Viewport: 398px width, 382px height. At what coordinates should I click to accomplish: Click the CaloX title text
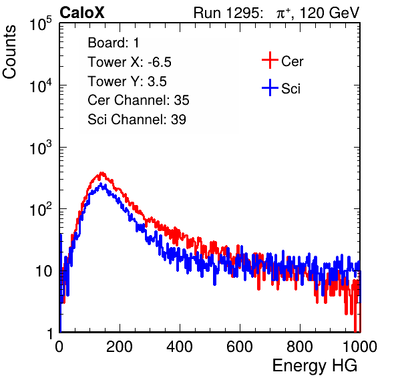[x=81, y=13]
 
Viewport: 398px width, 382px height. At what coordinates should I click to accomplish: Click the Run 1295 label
[x=228, y=13]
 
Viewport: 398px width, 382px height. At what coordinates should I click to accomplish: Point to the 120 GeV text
[x=329, y=13]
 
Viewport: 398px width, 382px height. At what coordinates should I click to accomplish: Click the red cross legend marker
[x=270, y=60]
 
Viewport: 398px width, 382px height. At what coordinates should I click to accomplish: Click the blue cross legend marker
[x=270, y=87]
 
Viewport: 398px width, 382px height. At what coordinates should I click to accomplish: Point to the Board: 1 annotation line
[x=114, y=43]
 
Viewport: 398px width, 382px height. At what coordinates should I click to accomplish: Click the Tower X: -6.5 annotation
[x=130, y=62]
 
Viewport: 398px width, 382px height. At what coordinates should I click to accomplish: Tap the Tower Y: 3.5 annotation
[x=127, y=81]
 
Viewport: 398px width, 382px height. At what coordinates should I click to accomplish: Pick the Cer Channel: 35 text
[x=138, y=100]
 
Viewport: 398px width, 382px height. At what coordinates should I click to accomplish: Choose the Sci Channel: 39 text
[x=137, y=120]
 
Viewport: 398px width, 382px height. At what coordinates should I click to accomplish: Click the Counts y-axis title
[x=9, y=52]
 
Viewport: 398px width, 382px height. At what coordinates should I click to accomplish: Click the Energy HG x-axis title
[x=315, y=366]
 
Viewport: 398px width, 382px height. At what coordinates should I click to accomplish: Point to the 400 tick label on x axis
[x=180, y=347]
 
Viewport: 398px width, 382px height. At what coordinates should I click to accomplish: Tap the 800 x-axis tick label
[x=300, y=347]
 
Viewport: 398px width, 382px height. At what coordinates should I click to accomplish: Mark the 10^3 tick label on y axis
[x=41, y=147]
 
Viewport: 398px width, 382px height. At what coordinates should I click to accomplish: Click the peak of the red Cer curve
[x=102, y=173]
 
